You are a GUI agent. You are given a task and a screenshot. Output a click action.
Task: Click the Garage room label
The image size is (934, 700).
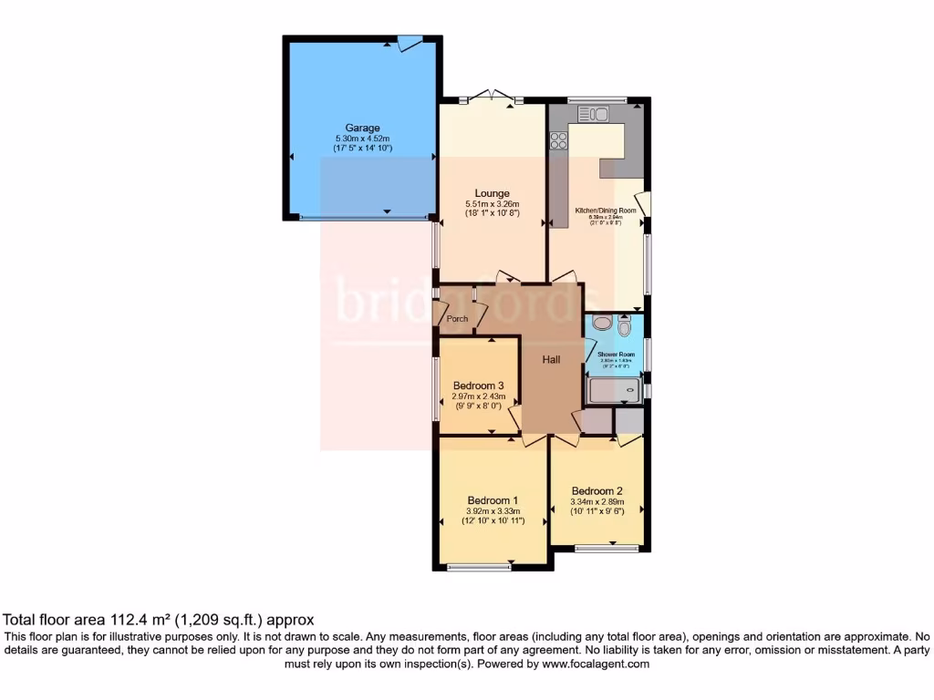coord(362,128)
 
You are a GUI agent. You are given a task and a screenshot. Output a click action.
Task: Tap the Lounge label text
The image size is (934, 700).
coord(492,193)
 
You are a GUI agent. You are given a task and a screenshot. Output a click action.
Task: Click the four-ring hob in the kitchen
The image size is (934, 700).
coord(558,140)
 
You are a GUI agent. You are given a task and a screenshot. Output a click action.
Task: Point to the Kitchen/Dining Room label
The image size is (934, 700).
coord(605,211)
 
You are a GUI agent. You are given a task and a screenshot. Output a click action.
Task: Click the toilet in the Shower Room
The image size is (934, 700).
coord(625,327)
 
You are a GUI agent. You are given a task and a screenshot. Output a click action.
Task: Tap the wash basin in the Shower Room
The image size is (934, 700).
coord(602,323)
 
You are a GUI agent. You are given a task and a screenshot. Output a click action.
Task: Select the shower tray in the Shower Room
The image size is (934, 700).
coord(614,391)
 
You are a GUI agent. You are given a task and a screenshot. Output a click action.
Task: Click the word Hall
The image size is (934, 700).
coord(552,360)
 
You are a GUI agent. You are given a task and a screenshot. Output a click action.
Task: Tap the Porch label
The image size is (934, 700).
coord(457,319)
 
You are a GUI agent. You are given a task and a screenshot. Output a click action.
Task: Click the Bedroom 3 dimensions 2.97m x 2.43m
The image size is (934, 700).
coord(477,396)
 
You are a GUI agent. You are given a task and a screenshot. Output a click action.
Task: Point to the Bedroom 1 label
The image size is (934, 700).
coord(493,500)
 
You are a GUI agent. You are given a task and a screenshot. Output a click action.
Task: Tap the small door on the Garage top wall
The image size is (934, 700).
coord(409,41)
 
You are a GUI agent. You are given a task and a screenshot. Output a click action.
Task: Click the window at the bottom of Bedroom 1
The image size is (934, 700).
coord(479,567)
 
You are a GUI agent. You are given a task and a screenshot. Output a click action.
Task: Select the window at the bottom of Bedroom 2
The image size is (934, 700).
coord(607,548)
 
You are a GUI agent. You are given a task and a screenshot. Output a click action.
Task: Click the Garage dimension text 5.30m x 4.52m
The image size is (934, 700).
coord(362,138)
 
